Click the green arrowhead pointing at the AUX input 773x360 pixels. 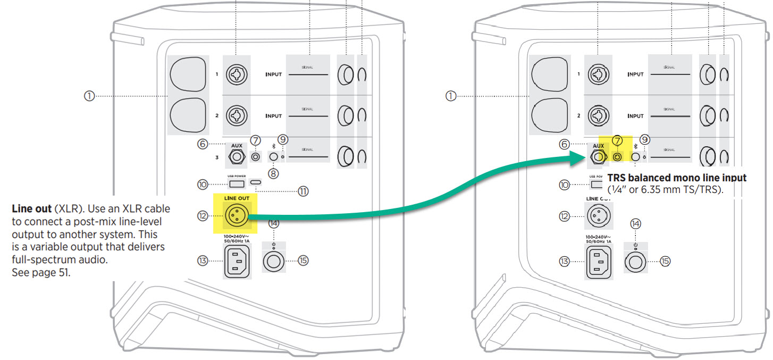(x=578, y=157)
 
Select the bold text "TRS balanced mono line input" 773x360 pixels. (x=677, y=178)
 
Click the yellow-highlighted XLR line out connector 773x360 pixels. (x=235, y=215)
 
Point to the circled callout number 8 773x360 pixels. (x=273, y=173)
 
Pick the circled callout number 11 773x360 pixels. (x=303, y=191)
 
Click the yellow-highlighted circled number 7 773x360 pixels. (x=617, y=141)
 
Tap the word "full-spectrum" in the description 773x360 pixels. (x=37, y=260)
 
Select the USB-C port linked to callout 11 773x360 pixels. (x=256, y=184)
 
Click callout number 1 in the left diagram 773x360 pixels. (x=89, y=96)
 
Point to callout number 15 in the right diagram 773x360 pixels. (x=665, y=261)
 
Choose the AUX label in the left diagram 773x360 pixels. (x=236, y=145)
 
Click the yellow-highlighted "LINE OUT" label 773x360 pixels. (x=235, y=198)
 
